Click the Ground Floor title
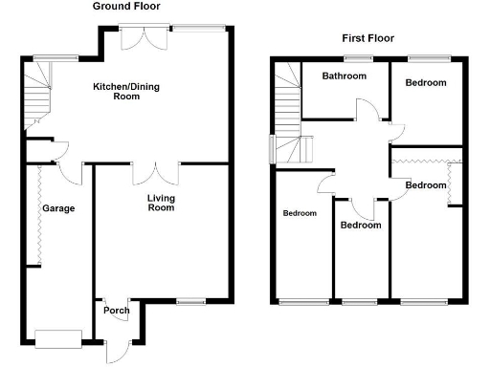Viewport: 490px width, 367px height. pos(131,6)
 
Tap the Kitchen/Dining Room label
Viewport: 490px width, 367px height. pos(122,91)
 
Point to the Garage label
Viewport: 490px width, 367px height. pos(57,208)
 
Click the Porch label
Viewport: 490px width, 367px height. pos(116,310)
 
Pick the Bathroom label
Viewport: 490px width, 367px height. pos(345,76)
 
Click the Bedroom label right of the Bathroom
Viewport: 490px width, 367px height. pos(426,83)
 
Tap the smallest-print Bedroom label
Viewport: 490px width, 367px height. pos(300,213)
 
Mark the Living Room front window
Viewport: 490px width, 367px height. pos(191,302)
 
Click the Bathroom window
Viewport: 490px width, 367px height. pos(359,60)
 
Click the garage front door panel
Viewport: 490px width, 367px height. pos(58,336)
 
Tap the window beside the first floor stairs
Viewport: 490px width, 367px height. pos(273,149)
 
